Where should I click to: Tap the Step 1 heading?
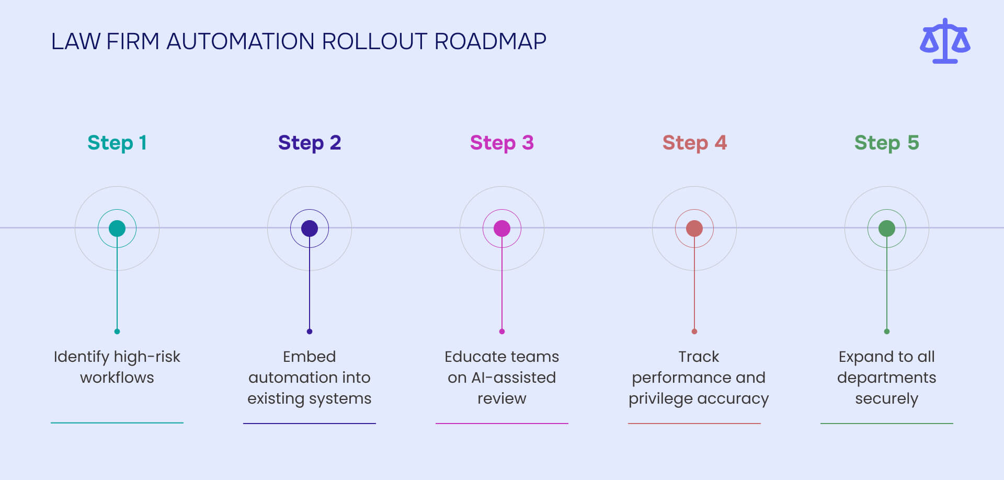[117, 143]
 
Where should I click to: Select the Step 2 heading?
[310, 143]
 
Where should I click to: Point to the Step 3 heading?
[502, 143]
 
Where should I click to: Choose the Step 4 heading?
[694, 143]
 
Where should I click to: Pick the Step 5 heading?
[887, 143]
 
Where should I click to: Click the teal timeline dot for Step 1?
[117, 228]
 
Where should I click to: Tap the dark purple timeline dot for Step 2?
[310, 228]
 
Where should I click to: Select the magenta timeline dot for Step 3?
[502, 228]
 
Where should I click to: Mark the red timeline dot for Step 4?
[694, 228]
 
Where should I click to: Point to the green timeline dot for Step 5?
[887, 228]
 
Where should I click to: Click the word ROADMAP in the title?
[490, 41]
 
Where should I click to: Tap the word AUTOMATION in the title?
[240, 41]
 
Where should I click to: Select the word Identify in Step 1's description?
[81, 357]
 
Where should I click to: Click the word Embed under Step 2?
[310, 357]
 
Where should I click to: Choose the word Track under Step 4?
[699, 357]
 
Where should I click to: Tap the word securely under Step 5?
[887, 399]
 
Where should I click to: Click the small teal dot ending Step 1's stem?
[117, 332]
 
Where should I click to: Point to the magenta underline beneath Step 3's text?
[502, 424]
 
